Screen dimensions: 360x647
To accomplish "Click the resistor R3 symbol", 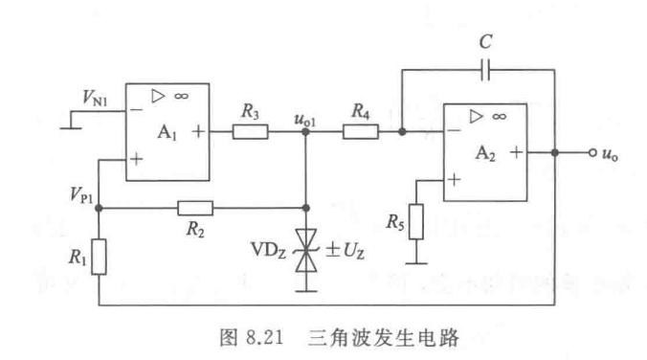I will coord(250,133).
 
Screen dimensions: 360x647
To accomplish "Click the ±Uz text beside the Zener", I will coord(342,253).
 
